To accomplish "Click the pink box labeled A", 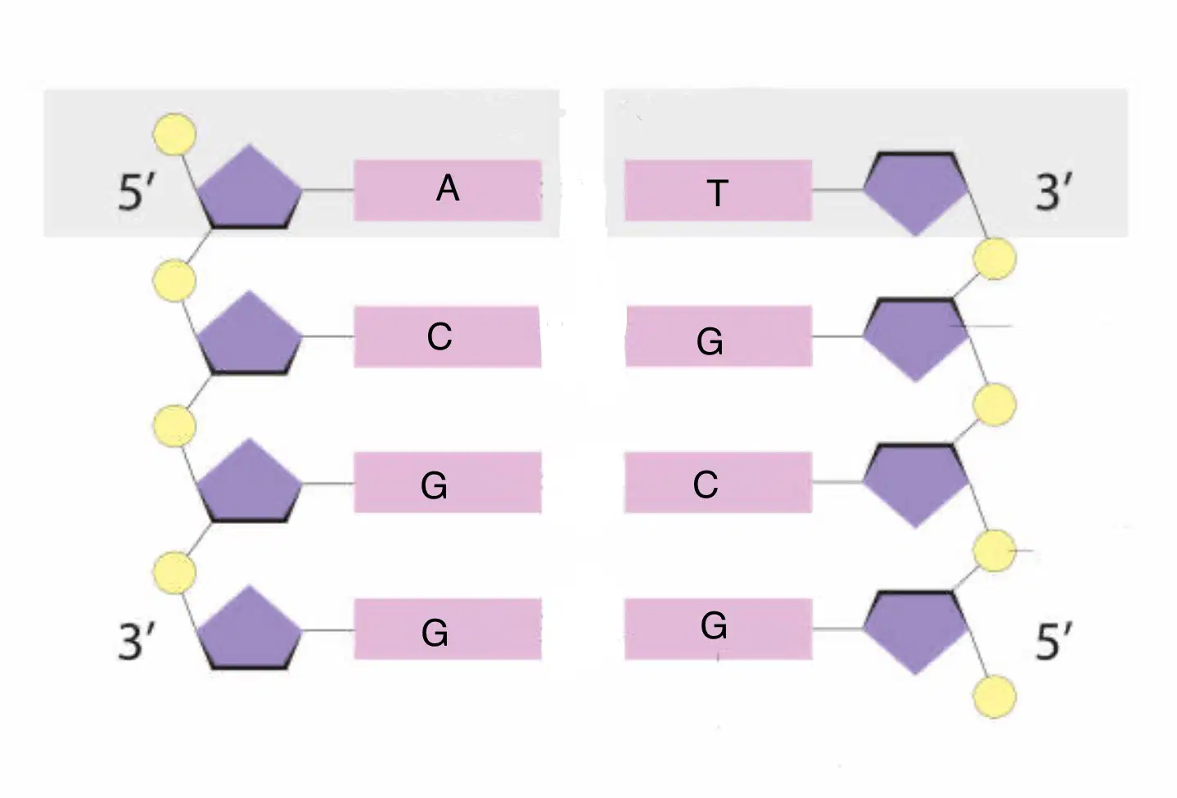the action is (x=448, y=190).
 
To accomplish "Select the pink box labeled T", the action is (x=719, y=190).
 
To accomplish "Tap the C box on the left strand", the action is (x=448, y=336).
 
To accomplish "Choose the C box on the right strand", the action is (x=719, y=482).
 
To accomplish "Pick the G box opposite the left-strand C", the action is (x=719, y=336).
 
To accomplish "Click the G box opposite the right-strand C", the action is (x=448, y=482).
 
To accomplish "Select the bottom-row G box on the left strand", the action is (x=448, y=629).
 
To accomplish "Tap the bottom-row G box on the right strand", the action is (x=719, y=629).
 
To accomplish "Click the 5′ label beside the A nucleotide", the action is (x=138, y=192).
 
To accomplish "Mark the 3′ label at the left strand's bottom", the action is (x=138, y=640).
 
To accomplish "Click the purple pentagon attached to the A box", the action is (x=250, y=188).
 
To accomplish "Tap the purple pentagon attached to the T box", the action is (x=916, y=192).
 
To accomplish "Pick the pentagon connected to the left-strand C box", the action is (x=250, y=335).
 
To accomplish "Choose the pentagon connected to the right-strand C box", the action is (x=916, y=485).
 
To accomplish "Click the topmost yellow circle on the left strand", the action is (x=174, y=134).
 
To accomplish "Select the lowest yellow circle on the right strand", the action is (x=994, y=697).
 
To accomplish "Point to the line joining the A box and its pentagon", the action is (x=328, y=190).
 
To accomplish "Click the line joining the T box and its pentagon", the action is (x=838, y=190).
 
